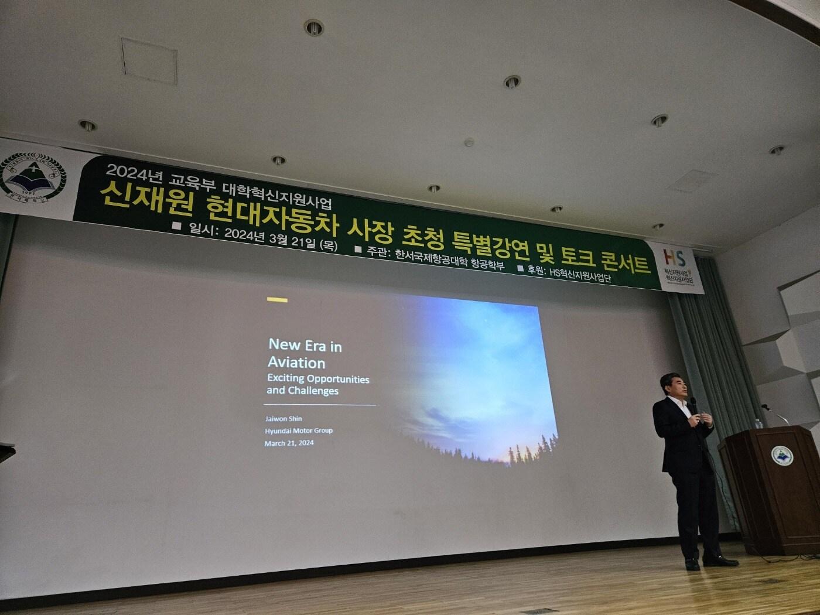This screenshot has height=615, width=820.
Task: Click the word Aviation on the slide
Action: pos(296,362)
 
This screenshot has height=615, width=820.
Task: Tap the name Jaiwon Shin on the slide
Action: pos(283,418)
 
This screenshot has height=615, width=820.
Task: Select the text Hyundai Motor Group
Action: pos(299,430)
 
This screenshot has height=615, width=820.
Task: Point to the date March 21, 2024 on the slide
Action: pos(289,443)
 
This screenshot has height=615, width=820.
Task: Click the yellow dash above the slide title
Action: pos(277,300)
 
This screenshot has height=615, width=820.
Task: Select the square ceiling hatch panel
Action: pos(149,60)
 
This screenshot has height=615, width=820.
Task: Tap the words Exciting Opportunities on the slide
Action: pos(318,378)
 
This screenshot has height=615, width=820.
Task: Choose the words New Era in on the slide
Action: pos(305,346)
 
